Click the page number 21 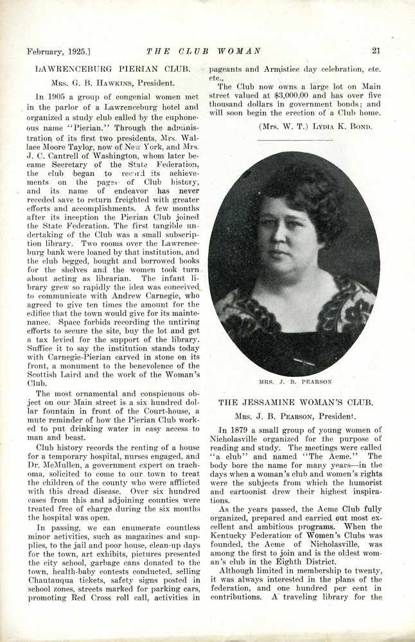(376, 51)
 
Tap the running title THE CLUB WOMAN (204, 51)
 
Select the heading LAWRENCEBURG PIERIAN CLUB (112, 68)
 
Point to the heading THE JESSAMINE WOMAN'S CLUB (296, 403)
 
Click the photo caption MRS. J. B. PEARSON (295, 381)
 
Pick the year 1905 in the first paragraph (58, 97)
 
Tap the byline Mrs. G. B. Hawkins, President (113, 83)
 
